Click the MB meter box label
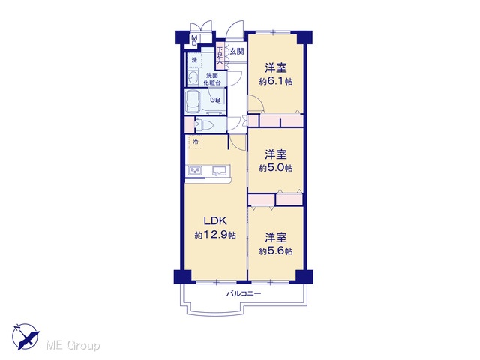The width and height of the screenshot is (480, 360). [x=194, y=40]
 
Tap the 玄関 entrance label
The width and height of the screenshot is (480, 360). [x=237, y=52]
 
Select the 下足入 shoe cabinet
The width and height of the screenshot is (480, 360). [x=220, y=55]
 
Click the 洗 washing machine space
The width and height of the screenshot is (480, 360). [x=194, y=60]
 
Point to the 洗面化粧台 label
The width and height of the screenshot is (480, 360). [x=213, y=79]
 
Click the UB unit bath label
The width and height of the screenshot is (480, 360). [x=215, y=100]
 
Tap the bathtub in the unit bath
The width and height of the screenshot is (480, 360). [x=193, y=102]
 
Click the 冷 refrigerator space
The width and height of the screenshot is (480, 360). [x=196, y=142]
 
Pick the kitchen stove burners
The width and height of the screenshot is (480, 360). [x=195, y=171]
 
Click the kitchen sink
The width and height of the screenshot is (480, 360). [x=219, y=171]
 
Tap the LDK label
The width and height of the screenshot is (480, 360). [x=215, y=220]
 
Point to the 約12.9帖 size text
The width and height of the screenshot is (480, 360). [x=215, y=235]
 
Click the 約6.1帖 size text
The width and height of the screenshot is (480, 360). [x=276, y=82]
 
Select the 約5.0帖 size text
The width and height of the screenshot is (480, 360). [x=276, y=168]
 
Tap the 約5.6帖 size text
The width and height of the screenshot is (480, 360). [x=276, y=251]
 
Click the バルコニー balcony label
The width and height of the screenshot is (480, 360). [x=244, y=293]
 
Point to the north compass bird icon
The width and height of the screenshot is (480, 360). [x=25, y=337]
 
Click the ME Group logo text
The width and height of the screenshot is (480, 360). [x=73, y=345]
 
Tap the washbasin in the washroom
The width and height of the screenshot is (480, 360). [x=193, y=77]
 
